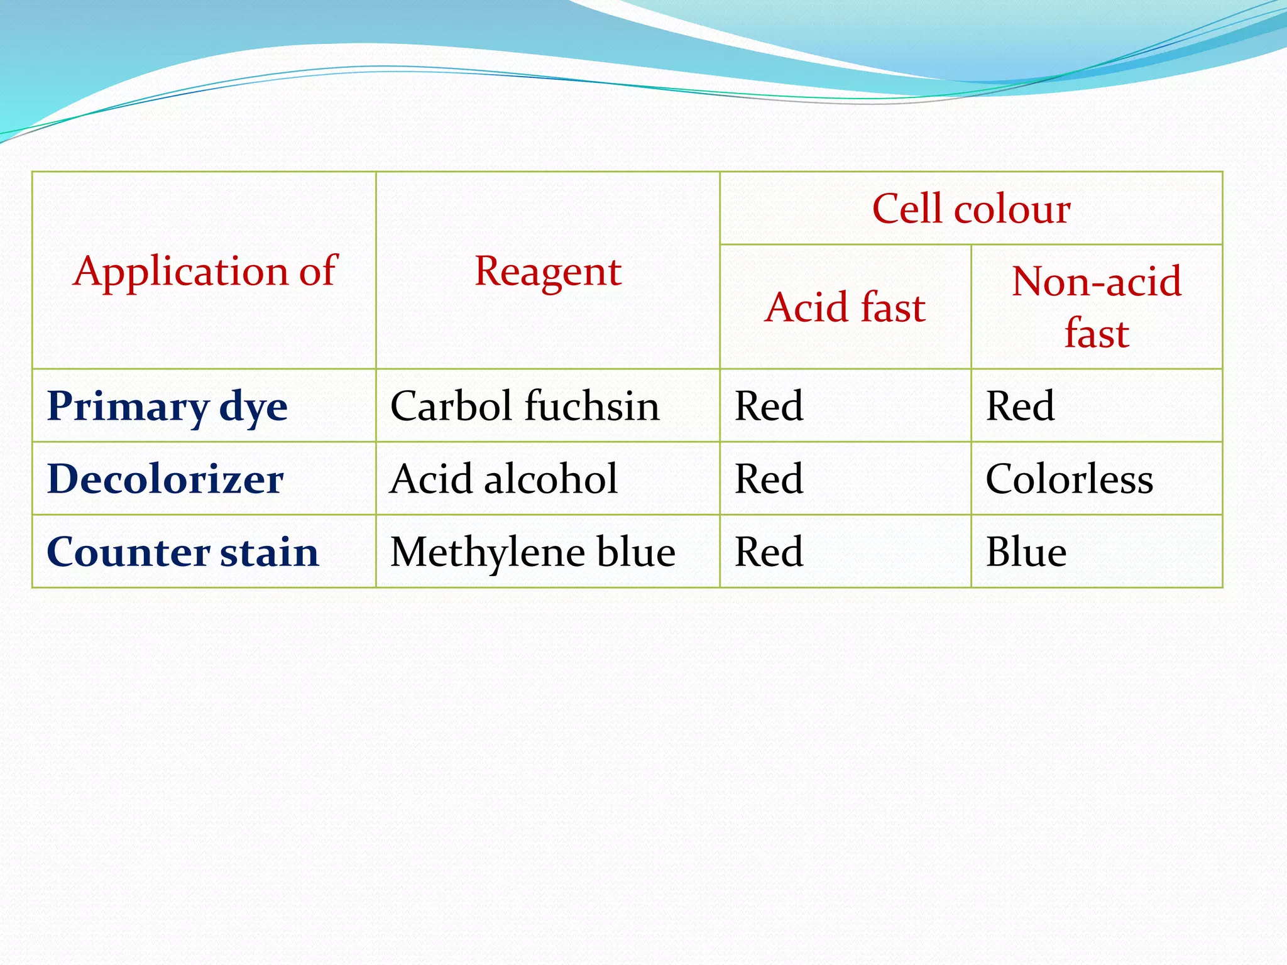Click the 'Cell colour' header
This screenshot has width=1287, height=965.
tap(971, 209)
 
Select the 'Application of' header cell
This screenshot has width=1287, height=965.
tap(205, 271)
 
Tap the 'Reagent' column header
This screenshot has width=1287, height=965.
tap(547, 271)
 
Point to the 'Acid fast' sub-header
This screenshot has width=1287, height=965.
tap(845, 307)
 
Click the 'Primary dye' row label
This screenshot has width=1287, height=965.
tap(167, 406)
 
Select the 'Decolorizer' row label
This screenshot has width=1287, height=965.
tap(165, 479)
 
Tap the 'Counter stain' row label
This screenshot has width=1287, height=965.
tap(182, 552)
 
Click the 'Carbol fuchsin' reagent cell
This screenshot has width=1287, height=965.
tap(525, 406)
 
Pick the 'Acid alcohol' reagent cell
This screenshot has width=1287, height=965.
tap(503, 479)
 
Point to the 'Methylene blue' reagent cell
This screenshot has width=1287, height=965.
tap(532, 552)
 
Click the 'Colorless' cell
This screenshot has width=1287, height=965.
tap(1069, 479)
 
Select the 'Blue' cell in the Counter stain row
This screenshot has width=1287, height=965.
tap(1026, 552)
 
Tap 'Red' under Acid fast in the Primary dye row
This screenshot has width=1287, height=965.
tap(769, 406)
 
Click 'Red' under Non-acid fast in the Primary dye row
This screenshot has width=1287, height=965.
tap(1020, 406)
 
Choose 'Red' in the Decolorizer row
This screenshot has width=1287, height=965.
tap(769, 479)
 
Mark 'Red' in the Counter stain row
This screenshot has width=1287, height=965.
tap(769, 552)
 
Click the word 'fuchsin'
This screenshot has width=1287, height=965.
tap(592, 406)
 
